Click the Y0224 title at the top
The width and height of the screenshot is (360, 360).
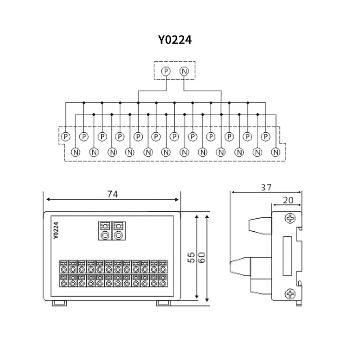point(175,40)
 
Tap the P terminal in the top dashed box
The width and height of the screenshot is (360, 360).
point(166,71)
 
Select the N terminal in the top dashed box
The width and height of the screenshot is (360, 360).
point(184,71)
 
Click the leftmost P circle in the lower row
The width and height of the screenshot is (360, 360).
point(66,137)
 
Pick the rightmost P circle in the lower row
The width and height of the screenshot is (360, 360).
point(265,137)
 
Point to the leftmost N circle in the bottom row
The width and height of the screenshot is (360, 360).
point(76,152)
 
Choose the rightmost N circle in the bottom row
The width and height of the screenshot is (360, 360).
point(276,152)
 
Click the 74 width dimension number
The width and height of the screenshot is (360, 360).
point(112,194)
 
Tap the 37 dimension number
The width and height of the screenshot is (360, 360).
point(266,188)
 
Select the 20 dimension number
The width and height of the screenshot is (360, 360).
point(288,200)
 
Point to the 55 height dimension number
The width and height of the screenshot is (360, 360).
point(192,257)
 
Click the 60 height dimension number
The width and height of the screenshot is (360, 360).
point(202,257)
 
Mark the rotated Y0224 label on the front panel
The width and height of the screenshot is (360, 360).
point(56,230)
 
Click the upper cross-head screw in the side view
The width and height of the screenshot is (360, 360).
point(290,218)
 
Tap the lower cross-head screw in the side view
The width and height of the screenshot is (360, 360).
point(290,294)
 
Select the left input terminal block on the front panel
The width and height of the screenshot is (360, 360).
point(105,231)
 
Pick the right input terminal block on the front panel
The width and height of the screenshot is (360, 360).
point(118,231)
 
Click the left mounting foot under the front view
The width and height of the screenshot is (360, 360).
point(59,303)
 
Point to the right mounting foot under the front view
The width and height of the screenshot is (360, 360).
point(163,303)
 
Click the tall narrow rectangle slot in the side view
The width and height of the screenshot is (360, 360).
point(287,256)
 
